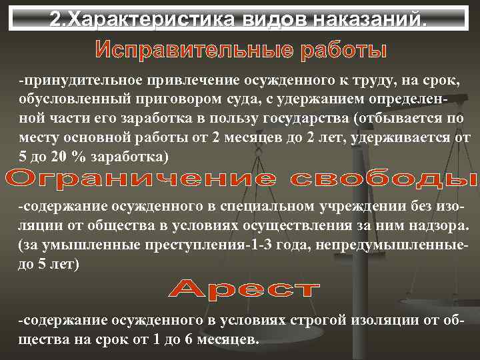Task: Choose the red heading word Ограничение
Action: pyautogui.click(x=136, y=179)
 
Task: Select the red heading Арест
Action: pyautogui.click(x=243, y=289)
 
